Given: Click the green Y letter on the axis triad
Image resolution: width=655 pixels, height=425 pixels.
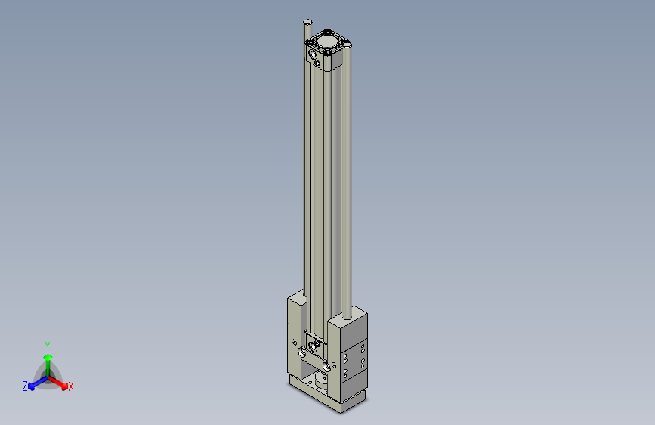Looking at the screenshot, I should pos(48,345).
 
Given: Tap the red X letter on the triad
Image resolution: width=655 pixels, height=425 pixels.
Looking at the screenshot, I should pos(71,387).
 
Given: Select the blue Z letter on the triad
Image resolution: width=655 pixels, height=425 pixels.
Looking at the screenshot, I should pos(24,386).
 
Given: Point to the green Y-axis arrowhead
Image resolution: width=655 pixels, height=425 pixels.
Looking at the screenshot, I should pos(48,356).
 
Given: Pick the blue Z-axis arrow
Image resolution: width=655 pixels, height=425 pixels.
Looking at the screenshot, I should pos(34,383).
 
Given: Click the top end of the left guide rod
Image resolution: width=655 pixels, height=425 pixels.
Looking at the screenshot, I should pos(307,22).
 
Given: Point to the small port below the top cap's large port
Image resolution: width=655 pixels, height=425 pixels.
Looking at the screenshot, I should pos(326,66).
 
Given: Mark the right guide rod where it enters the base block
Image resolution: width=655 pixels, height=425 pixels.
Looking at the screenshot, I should pos(348,313).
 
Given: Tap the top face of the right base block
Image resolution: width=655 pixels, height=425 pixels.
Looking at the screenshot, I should pos(348,321).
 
